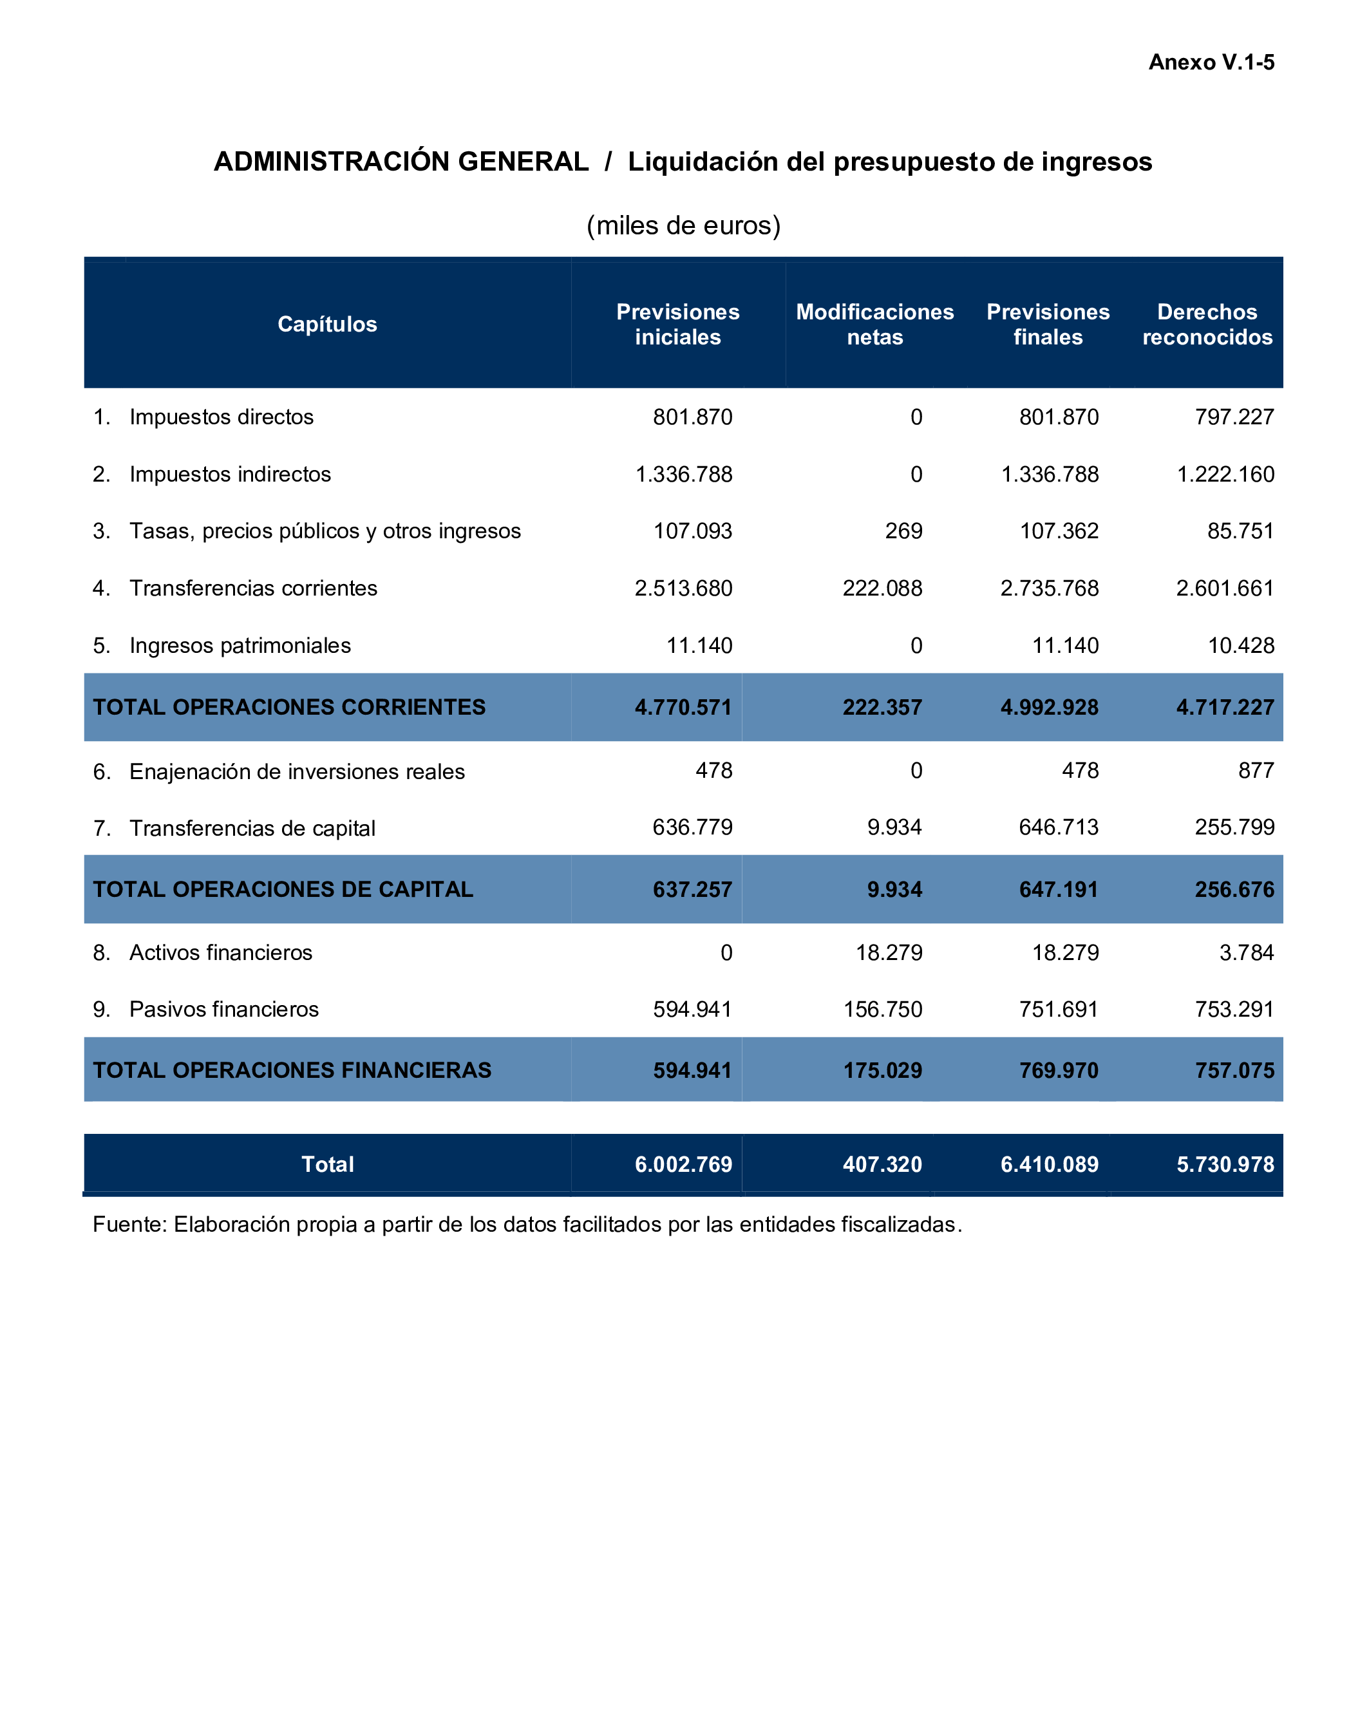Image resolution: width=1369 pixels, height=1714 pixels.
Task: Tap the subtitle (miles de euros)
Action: pyautogui.click(x=684, y=226)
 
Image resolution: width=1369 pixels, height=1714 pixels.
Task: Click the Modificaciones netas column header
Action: pyautogui.click(x=874, y=325)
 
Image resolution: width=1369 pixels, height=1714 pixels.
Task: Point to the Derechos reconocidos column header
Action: pyautogui.click(x=1207, y=325)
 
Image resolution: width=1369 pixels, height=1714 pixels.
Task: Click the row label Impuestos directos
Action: pyautogui.click(x=221, y=417)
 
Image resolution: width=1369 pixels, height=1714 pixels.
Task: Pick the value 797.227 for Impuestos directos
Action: pyautogui.click(x=1234, y=417)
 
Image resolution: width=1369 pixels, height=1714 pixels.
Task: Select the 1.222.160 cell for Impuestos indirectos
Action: pyautogui.click(x=1225, y=475)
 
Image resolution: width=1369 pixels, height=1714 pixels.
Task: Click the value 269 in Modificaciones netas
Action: pyautogui.click(x=904, y=531)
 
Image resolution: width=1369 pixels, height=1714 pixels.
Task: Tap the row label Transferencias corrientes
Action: pyautogui.click(x=253, y=589)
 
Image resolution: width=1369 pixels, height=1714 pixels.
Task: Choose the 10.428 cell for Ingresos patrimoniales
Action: pyautogui.click(x=1241, y=646)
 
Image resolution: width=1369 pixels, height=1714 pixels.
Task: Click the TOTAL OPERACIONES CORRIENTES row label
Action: pyautogui.click(x=288, y=708)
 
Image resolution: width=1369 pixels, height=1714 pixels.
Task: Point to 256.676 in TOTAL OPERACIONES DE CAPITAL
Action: pyautogui.click(x=1234, y=890)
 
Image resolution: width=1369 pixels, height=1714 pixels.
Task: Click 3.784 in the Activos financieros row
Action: pyautogui.click(x=1247, y=952)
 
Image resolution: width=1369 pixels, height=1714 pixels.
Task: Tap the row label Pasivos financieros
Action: pyautogui.click(x=223, y=1010)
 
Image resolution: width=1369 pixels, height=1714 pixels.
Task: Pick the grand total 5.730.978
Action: pyautogui.click(x=1225, y=1165)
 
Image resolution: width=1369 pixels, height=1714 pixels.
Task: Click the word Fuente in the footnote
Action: pyautogui.click(x=129, y=1224)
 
